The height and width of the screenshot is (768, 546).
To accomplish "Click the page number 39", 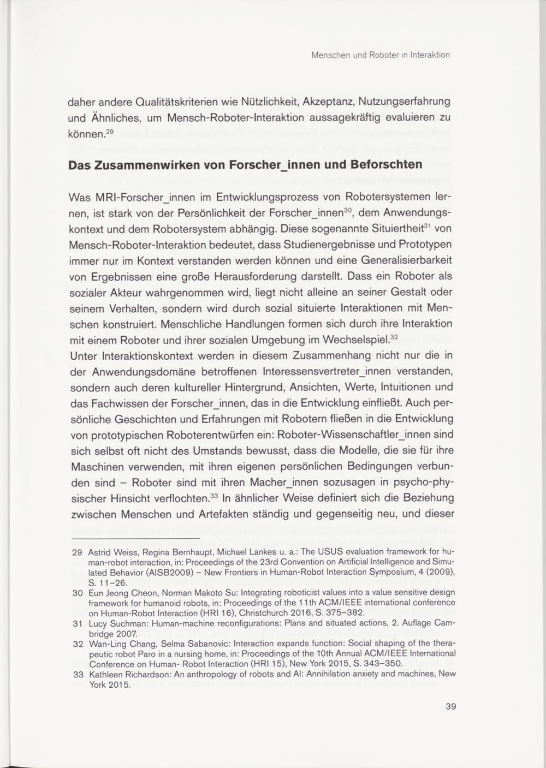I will [450, 706].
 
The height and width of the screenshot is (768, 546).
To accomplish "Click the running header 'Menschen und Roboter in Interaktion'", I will [380, 55].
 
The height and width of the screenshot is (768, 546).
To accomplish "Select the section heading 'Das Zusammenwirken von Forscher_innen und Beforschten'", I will [245, 165].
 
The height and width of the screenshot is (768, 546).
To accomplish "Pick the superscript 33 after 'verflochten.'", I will [214, 496].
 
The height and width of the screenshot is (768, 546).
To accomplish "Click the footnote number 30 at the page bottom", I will [77, 592].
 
